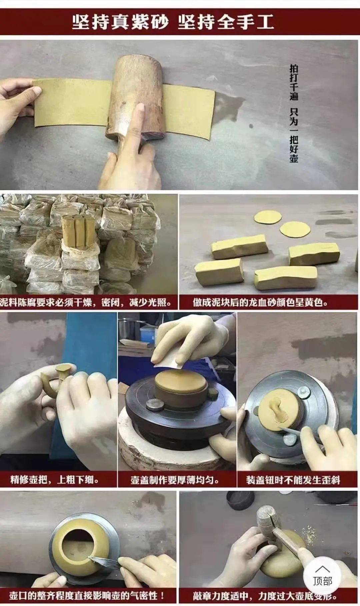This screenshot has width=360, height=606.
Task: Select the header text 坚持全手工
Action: [x=226, y=22]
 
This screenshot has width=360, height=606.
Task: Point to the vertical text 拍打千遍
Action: [x=294, y=82]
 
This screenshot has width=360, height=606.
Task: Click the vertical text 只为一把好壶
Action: [x=294, y=135]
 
